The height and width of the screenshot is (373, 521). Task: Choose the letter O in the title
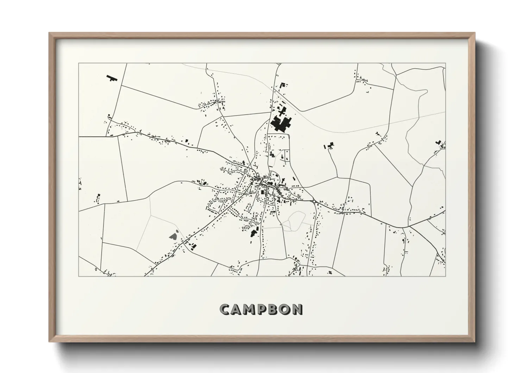click(285, 309)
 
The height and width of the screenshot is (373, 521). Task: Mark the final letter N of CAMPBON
click(297, 309)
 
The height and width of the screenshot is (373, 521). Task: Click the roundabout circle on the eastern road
click(314, 201)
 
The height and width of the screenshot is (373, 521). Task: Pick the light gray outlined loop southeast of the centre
click(295, 220)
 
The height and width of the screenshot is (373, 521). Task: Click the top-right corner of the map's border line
click(445, 63)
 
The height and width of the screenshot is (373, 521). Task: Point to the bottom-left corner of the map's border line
click(79, 276)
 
